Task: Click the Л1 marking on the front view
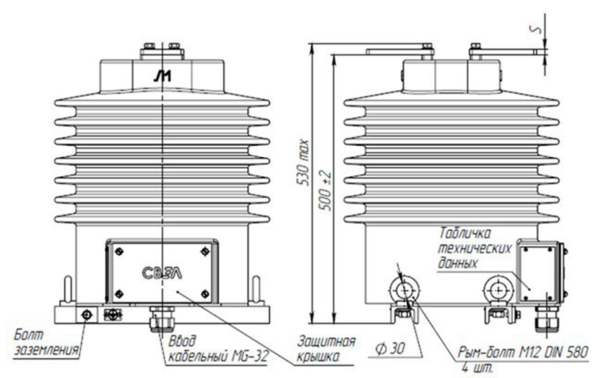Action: tap(162, 77)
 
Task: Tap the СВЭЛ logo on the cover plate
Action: tap(162, 273)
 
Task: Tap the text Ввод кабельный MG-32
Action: tap(218, 349)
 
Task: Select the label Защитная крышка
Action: tap(326, 349)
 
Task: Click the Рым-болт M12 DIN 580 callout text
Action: tap(523, 352)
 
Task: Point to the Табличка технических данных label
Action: tap(475, 248)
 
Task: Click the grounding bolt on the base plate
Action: tap(87, 315)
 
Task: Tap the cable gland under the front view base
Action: tap(162, 319)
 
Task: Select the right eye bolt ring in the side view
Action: tap(498, 290)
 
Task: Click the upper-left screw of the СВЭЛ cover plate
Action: tap(120, 251)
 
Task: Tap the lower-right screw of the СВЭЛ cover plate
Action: tap(205, 294)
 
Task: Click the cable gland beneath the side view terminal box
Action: tap(547, 319)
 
